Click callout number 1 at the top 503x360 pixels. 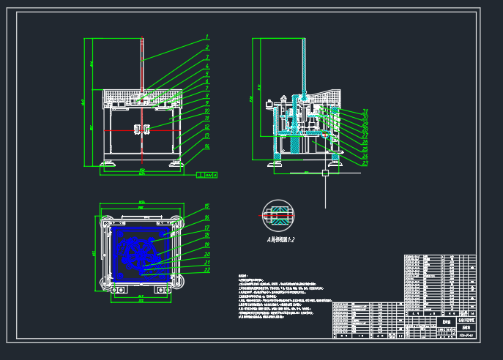coord(207,37)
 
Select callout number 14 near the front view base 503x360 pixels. coord(207,146)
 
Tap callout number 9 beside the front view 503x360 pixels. coord(207,103)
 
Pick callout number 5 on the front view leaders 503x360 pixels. coord(207,74)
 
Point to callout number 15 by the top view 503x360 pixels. coord(207,206)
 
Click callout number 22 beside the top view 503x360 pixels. coord(207,270)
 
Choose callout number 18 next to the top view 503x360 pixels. coord(207,236)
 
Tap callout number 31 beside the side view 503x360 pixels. coord(365,111)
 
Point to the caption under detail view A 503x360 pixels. coord(280,239)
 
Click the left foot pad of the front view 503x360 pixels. coord(108,162)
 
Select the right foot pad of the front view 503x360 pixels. coord(176,162)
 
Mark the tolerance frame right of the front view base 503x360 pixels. coord(207,175)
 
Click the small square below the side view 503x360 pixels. coord(324,173)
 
